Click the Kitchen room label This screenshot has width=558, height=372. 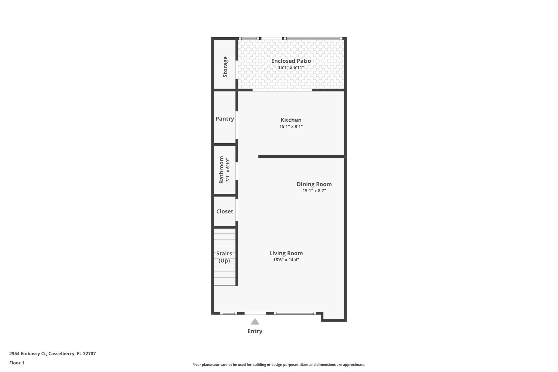tap(291, 120)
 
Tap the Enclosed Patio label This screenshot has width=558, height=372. tap(291, 61)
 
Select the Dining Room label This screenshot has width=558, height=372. tap(314, 184)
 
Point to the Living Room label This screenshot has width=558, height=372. tap(286, 253)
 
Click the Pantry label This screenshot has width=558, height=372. tap(225, 119)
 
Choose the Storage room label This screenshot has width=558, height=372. tap(225, 67)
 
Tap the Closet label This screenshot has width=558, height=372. tap(225, 211)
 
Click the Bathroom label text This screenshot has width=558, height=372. tap(222, 170)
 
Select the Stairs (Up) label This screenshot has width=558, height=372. tap(224, 257)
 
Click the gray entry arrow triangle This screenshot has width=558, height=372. tap(255, 322)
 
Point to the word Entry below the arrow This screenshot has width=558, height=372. tap(255, 331)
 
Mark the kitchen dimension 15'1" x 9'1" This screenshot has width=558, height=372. tap(291, 126)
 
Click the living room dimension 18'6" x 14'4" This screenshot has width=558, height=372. tap(286, 260)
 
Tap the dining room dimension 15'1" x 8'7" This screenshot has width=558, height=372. tap(314, 191)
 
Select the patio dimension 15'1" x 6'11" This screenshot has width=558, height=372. tap(291, 67)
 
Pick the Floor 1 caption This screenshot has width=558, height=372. tap(17, 363)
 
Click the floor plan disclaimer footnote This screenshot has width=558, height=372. tap(279, 365)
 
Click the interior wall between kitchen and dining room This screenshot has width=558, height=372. tap(301, 157)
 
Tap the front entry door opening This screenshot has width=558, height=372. tap(255, 313)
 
